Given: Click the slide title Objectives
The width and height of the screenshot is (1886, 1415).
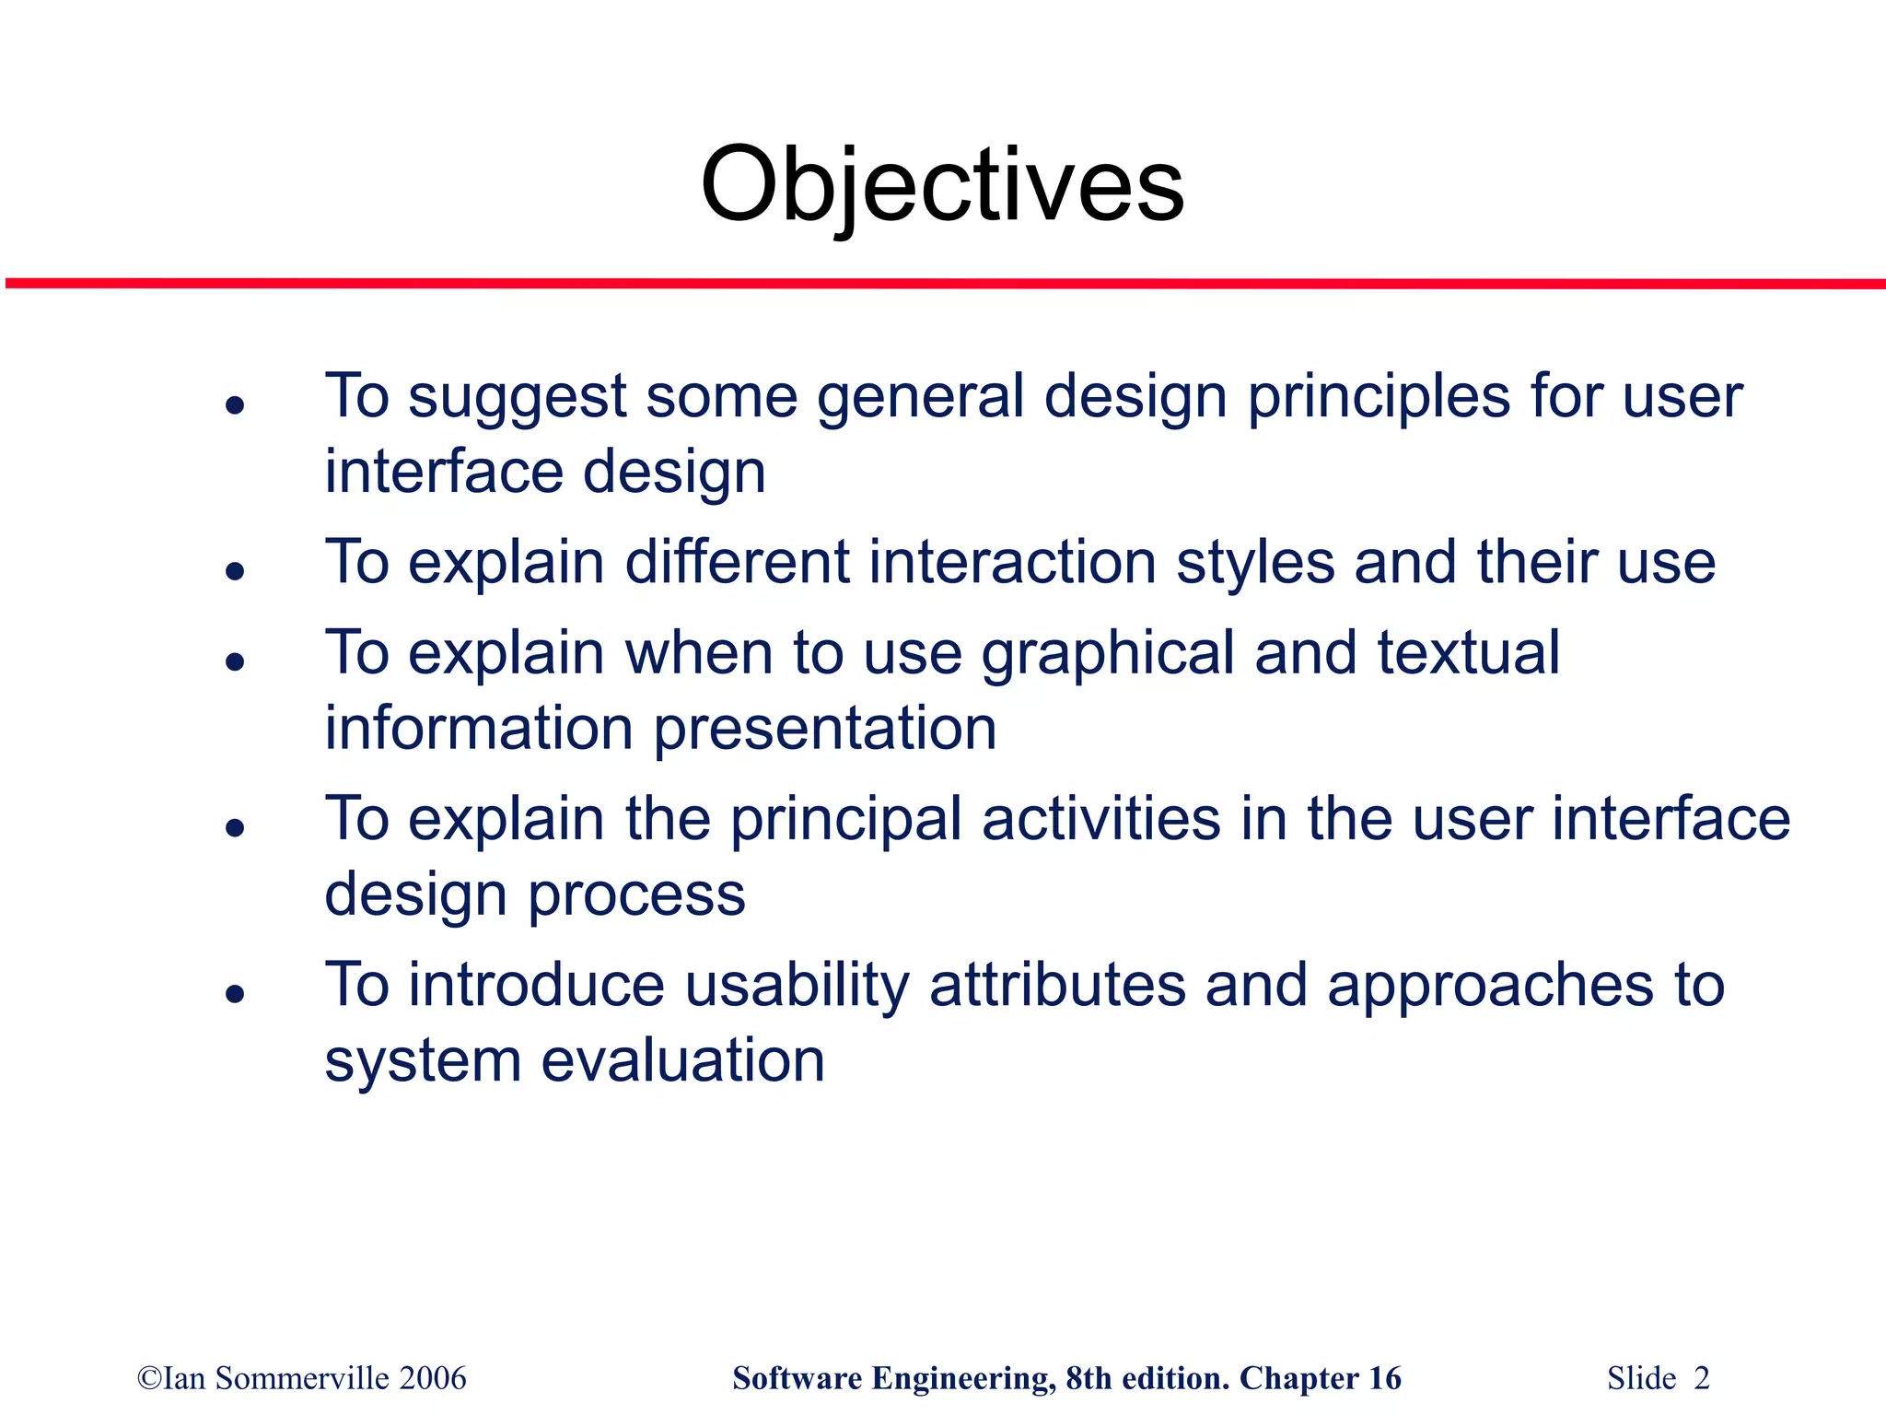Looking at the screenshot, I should click(x=942, y=186).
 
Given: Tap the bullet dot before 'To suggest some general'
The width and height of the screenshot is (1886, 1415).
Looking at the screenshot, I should click(x=236, y=404).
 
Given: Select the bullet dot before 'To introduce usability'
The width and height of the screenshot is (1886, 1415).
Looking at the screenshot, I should click(x=236, y=993).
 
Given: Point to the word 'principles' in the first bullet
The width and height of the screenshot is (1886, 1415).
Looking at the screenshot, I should click(x=1378, y=399).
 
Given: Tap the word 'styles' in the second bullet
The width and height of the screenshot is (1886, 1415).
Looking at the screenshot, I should click(x=1255, y=564).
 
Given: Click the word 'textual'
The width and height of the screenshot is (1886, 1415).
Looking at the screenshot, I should click(x=1468, y=653).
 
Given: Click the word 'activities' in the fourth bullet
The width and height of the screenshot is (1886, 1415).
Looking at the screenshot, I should click(x=1100, y=819).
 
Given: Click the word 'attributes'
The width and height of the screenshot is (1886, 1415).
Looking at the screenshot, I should click(x=1057, y=985).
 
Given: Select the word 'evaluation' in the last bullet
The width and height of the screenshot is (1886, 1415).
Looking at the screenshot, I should click(x=682, y=1060).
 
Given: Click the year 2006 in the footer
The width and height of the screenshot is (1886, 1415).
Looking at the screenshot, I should click(x=433, y=1378).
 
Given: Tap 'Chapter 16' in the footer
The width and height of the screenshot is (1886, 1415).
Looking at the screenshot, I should click(x=1320, y=1378).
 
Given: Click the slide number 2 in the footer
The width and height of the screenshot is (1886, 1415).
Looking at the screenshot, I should click(x=1701, y=1378).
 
